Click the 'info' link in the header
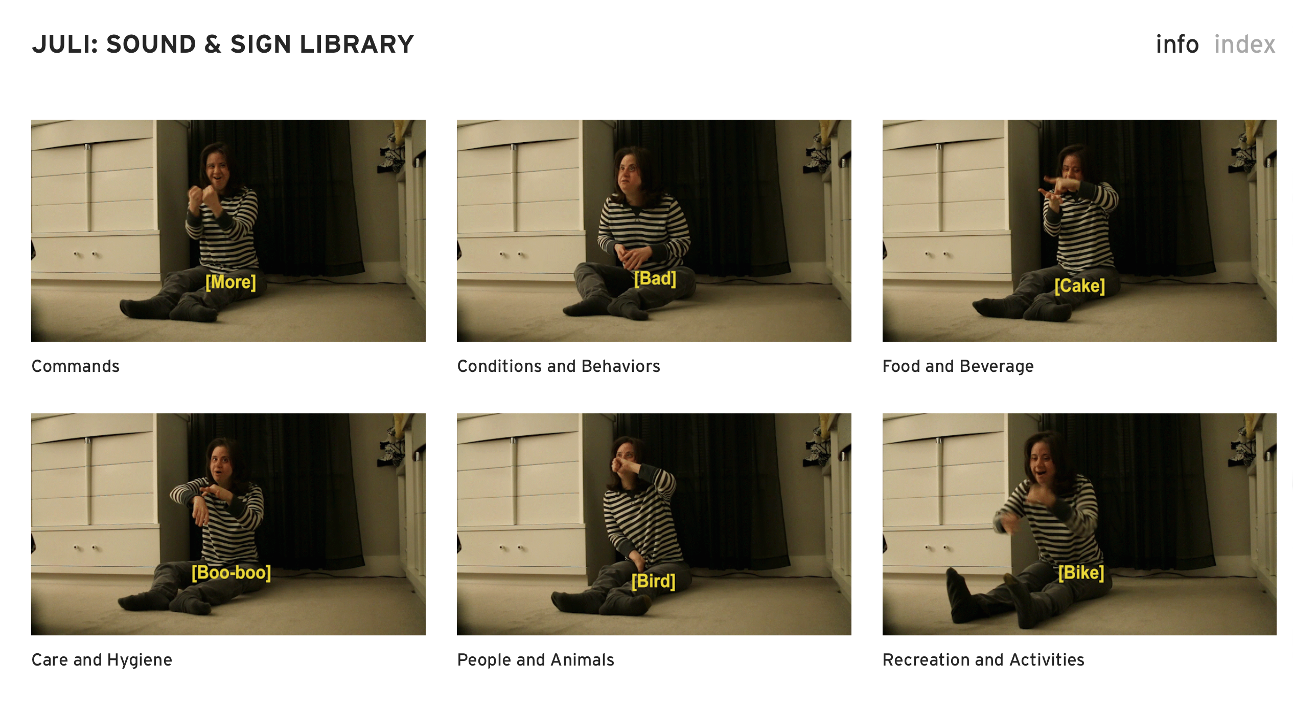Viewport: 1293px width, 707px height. point(1177,45)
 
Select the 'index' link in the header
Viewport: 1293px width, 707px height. point(1245,45)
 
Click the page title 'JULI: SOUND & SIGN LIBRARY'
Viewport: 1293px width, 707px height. point(223,44)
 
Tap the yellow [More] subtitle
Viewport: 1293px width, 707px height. point(230,282)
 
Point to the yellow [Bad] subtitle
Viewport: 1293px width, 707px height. point(655,279)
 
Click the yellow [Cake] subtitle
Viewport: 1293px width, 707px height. point(1079,285)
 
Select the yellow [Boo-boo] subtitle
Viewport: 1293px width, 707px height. point(231,572)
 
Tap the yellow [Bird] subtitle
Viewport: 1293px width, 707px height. point(653,581)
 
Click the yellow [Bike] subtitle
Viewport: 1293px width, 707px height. point(1081,572)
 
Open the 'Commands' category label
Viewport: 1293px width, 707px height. point(76,366)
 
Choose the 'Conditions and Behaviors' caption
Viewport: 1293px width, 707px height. point(559,366)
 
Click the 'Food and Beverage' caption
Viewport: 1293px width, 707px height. point(958,366)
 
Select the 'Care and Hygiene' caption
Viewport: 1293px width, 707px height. point(102,660)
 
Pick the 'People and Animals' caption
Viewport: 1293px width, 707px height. point(536,660)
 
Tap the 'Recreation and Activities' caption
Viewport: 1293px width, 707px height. point(983,660)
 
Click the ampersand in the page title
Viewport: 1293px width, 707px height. point(213,44)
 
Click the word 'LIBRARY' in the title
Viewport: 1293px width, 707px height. point(357,44)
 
